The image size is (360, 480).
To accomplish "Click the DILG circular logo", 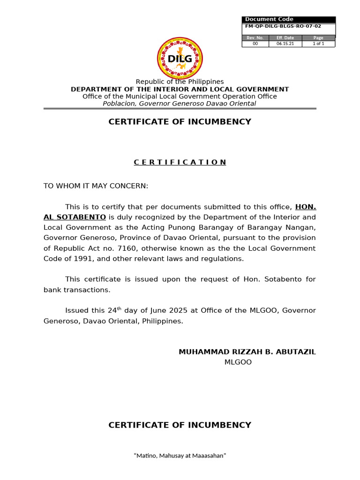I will click(x=180, y=58).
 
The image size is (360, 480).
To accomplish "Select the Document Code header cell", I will click(x=263, y=19).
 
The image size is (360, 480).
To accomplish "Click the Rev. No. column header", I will click(x=255, y=38).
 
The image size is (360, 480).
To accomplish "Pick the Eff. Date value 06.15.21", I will click(x=285, y=44).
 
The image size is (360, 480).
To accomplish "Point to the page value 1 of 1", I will click(x=318, y=44).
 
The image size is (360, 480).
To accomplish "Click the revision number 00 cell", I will click(x=255, y=44).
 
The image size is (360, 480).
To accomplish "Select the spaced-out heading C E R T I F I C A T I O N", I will click(x=180, y=162).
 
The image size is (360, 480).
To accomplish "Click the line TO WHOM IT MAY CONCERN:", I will click(x=96, y=186).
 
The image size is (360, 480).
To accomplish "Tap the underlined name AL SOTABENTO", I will click(x=75, y=217).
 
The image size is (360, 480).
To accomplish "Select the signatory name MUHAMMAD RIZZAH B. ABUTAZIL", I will click(x=247, y=352).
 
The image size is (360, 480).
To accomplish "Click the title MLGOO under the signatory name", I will click(x=238, y=362).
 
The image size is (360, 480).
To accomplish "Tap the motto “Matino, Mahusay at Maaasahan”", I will click(x=180, y=455).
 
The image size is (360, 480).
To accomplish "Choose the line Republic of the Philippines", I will click(x=180, y=82).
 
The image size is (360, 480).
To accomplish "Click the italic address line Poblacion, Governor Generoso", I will click(x=180, y=104).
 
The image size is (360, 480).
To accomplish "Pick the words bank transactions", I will click(x=77, y=290).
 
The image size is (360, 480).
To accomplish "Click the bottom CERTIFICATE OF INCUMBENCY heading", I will click(x=180, y=425).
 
